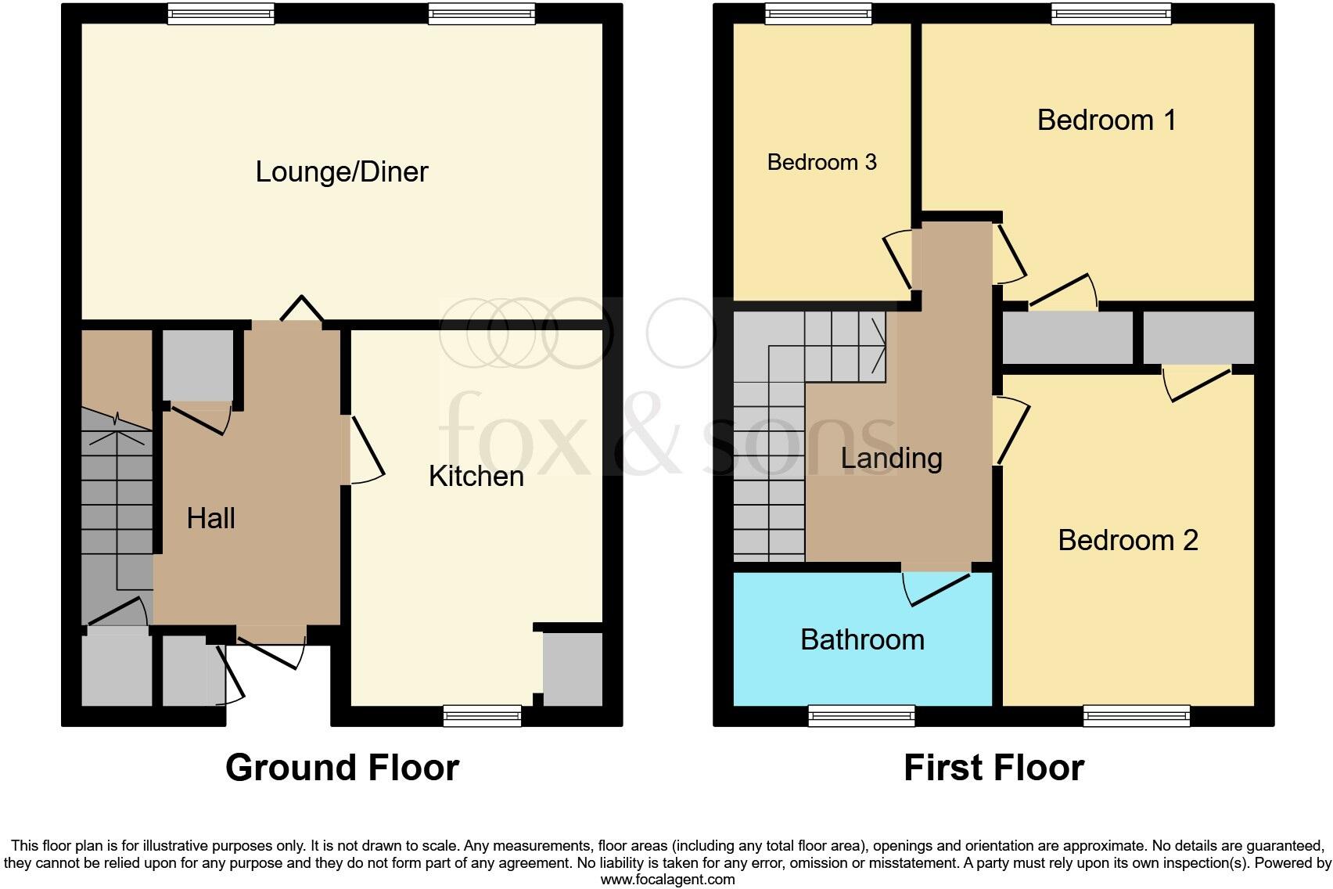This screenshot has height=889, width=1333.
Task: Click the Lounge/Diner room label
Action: click(x=342, y=172)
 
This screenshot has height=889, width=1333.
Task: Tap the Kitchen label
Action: click(x=476, y=476)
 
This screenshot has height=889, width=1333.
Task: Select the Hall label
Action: click(x=210, y=518)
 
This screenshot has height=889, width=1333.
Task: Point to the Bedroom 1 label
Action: click(x=1106, y=120)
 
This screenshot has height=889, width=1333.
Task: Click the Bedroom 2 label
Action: click(x=1127, y=540)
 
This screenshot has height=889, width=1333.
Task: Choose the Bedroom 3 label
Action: click(x=821, y=162)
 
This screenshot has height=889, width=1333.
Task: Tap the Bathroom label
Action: click(x=862, y=639)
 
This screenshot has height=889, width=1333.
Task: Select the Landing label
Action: click(x=891, y=458)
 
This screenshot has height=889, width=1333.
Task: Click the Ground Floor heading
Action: click(x=342, y=768)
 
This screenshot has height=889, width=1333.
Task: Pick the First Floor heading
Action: click(x=993, y=768)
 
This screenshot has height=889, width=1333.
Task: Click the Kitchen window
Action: click(x=482, y=715)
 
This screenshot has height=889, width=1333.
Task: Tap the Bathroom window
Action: click(x=861, y=715)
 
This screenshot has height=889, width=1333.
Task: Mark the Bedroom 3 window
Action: click(x=817, y=13)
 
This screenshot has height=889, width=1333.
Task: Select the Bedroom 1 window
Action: click(x=1111, y=13)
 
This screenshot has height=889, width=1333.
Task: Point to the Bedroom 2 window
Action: click(x=1137, y=715)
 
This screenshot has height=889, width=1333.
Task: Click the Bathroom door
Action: click(x=937, y=587)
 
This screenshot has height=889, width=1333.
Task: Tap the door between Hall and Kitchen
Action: click(x=365, y=450)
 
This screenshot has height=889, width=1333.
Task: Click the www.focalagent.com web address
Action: click(x=667, y=880)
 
